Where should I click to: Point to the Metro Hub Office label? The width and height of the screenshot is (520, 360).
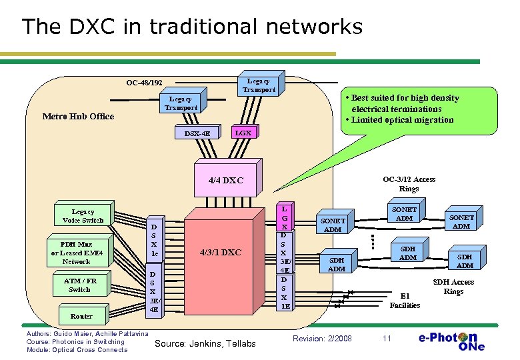click(x=78, y=117)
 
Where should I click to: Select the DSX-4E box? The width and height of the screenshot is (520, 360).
click(x=197, y=133)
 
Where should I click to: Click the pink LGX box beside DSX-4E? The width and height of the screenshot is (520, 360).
click(x=243, y=133)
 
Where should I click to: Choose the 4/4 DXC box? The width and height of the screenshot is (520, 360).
click(x=226, y=180)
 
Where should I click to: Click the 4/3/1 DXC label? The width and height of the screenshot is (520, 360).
click(x=221, y=253)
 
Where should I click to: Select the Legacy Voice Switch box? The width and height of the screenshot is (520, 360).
click(x=83, y=216)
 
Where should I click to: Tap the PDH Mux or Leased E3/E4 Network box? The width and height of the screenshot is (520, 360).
click(x=76, y=253)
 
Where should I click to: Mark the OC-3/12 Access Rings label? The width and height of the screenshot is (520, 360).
click(x=409, y=184)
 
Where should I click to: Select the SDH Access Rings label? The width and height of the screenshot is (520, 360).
click(x=453, y=287)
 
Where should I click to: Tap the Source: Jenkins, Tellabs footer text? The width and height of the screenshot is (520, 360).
click(x=205, y=343)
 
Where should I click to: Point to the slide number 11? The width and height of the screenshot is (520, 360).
click(x=387, y=339)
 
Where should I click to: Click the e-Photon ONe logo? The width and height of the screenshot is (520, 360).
click(x=451, y=341)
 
